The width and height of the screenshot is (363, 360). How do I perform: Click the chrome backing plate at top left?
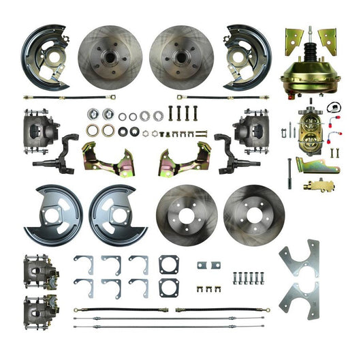tap(45, 56)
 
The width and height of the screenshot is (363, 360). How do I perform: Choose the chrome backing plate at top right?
tap(247, 56)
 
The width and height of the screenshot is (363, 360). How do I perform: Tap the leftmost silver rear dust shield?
tap(52, 215)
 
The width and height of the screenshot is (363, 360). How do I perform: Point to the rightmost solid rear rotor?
tap(253, 213)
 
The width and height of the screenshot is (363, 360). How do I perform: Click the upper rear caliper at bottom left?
tap(39, 269)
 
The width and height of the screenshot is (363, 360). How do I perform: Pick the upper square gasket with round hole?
tap(170, 263)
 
